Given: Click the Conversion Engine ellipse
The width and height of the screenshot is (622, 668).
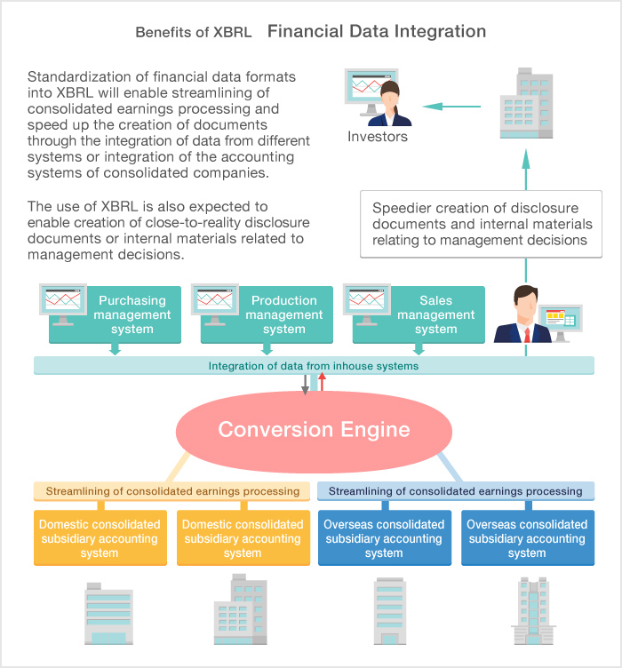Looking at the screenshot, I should [x=314, y=431].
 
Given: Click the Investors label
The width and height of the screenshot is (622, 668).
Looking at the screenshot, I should [x=378, y=137].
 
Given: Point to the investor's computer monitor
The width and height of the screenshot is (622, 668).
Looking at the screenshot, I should [x=363, y=93].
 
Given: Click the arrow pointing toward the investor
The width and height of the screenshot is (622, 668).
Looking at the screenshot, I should [x=451, y=107].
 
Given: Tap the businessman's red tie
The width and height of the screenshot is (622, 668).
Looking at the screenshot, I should [x=527, y=334].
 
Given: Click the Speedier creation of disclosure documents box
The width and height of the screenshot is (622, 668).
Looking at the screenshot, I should [x=482, y=224].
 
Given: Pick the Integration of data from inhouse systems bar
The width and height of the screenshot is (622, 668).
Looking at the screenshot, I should [x=314, y=365].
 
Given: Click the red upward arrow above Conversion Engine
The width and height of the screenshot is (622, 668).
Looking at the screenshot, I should [x=323, y=383].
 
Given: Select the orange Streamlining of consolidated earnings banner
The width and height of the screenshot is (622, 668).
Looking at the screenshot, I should [x=172, y=491].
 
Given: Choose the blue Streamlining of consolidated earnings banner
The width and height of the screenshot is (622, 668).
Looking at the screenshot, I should [x=456, y=491].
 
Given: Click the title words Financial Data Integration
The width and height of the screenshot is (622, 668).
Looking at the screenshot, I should [x=377, y=32].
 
